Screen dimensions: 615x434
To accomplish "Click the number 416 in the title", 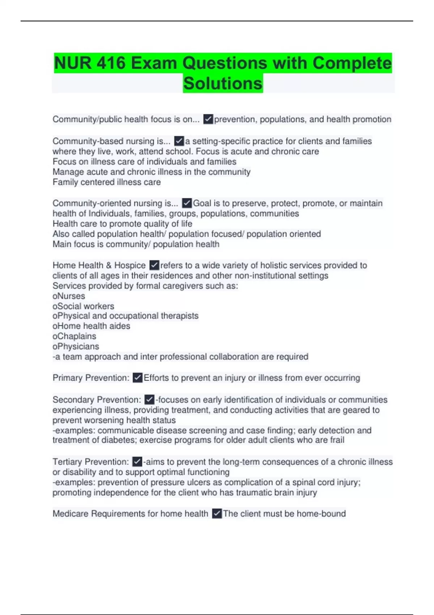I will click(x=111, y=63).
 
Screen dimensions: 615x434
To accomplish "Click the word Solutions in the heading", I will click(x=223, y=84).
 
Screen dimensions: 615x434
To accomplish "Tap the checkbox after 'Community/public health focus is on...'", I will click(x=208, y=119).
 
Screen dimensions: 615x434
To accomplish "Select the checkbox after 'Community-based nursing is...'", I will click(x=179, y=141).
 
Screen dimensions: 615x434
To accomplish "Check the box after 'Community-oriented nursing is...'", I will click(x=187, y=203).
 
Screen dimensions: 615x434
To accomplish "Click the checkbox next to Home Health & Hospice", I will click(x=154, y=265).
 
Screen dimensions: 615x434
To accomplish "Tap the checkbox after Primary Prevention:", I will click(x=137, y=378).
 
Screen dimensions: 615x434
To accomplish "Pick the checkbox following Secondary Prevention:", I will click(x=149, y=399).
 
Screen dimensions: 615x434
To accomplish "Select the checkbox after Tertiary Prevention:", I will click(x=137, y=462).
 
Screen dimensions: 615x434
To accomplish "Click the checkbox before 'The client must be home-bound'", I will click(x=217, y=513).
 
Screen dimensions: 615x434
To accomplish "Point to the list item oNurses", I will click(x=69, y=296).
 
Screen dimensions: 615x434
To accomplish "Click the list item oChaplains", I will click(x=74, y=336).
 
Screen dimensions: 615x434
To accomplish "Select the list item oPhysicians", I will click(x=76, y=346).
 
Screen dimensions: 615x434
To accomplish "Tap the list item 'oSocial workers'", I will click(x=83, y=306).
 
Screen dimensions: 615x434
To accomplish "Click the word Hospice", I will click(x=130, y=265).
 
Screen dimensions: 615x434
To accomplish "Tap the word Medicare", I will click(x=71, y=513).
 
